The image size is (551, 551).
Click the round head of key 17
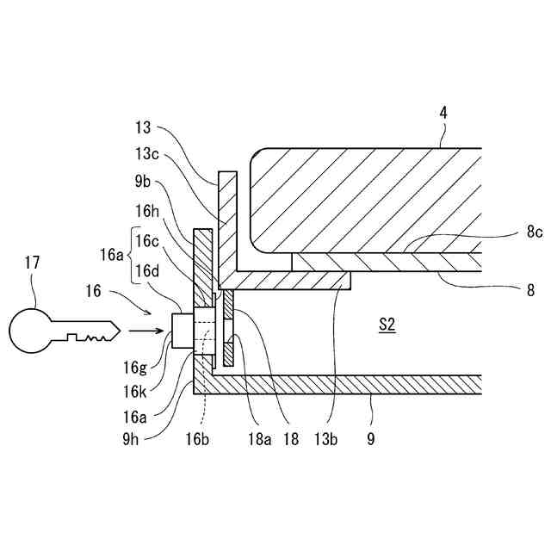(32, 331)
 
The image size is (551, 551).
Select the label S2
(387, 325)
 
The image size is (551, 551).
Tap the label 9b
(143, 182)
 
